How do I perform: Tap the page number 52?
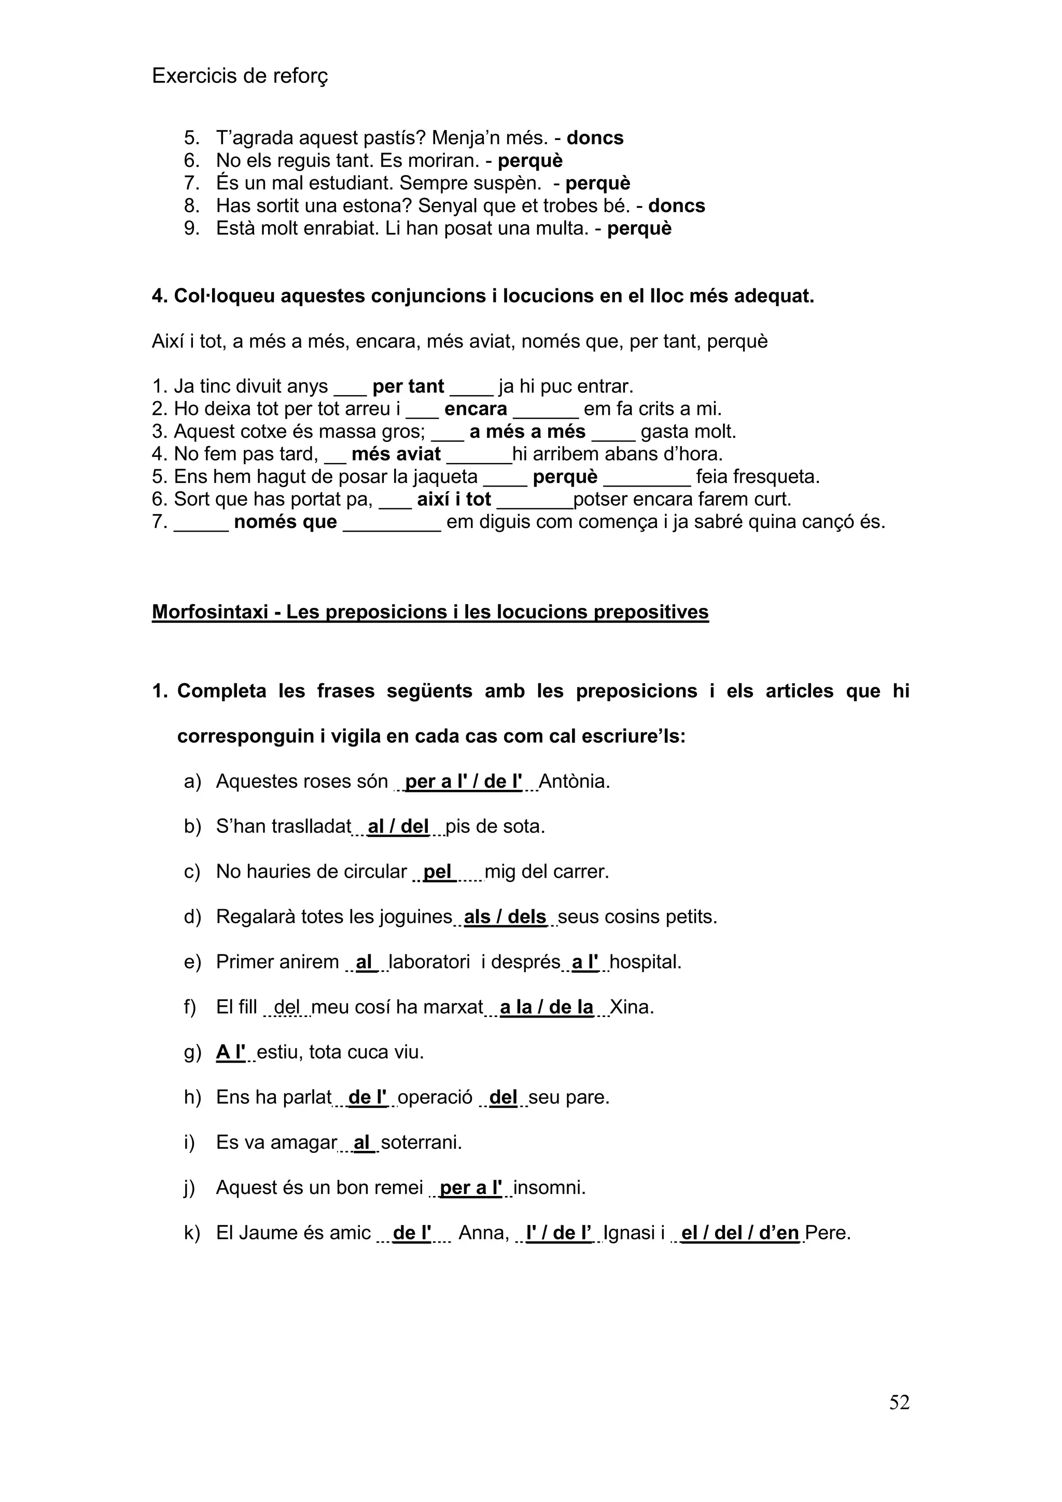pos(899,1420)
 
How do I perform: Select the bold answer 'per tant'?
pos(408,386)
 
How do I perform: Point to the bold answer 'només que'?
pos(285,522)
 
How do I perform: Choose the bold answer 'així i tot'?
pos(454,499)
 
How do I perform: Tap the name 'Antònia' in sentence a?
pos(574,781)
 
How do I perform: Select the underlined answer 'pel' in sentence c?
pos(438,871)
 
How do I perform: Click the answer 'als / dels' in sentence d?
pos(505,916)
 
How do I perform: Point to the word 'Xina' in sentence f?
pos(631,1007)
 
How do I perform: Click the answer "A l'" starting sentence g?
pos(230,1052)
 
